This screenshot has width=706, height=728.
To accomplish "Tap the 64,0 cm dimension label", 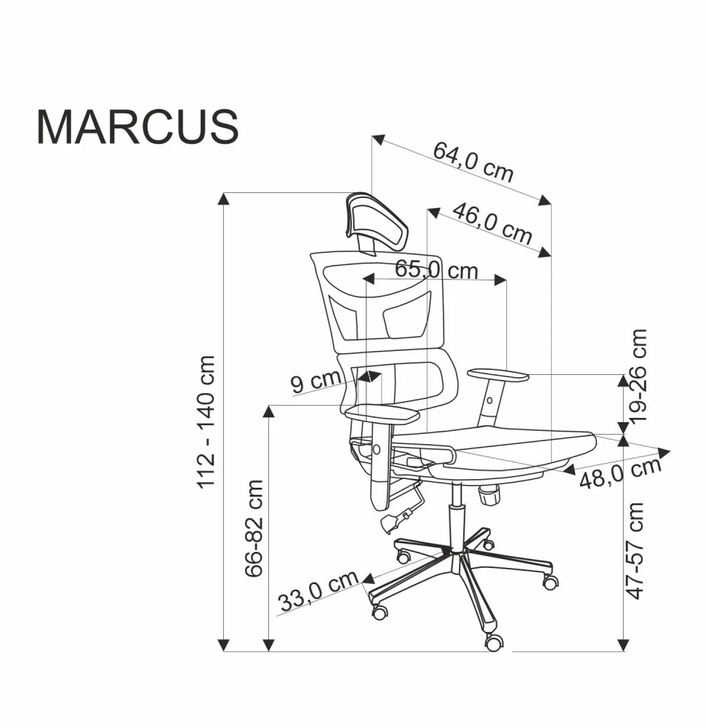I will [x=473, y=162].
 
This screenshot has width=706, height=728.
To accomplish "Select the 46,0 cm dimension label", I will [x=492, y=222].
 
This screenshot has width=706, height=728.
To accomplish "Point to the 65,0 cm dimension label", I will [x=436, y=269].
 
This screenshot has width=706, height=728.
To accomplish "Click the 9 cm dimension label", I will [x=316, y=381].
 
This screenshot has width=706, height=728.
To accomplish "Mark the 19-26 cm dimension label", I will [x=638, y=376].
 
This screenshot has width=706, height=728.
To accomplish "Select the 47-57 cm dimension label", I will [x=637, y=550].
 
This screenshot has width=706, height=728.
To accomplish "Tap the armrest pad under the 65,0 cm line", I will [x=498, y=375].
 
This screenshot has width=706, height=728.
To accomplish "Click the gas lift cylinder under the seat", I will [x=457, y=510].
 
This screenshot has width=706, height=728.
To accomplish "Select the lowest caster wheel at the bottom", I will [x=494, y=642].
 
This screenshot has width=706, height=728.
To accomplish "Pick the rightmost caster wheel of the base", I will [x=550, y=582].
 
